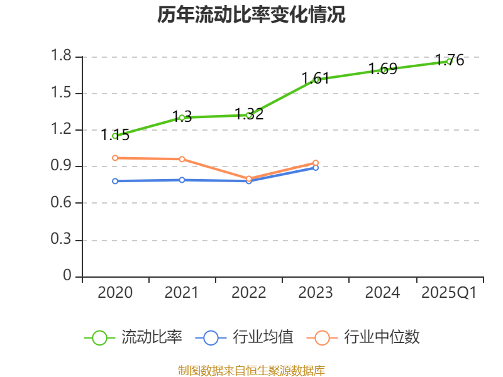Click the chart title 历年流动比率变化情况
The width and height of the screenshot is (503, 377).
251,15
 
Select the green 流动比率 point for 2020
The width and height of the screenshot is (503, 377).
115,136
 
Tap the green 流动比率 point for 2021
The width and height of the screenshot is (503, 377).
182,117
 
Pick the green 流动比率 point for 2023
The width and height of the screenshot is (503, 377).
316,80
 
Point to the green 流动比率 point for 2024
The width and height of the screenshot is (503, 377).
383,70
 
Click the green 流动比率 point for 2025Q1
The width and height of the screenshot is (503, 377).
449,62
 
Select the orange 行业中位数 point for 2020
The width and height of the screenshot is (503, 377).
115,158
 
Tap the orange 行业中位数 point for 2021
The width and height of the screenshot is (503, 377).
182,159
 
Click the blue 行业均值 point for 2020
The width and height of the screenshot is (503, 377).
115,181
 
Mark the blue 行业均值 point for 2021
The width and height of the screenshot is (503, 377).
182,180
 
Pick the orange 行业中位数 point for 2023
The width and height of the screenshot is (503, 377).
316,163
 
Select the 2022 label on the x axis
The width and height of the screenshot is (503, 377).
249,293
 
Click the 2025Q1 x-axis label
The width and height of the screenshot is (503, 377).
449,293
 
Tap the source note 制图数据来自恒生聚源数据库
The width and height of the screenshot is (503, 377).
251,370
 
